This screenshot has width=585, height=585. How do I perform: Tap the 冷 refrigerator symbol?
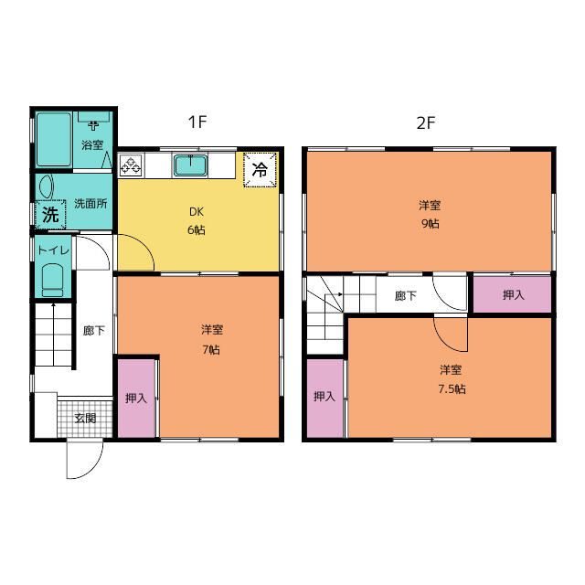point(260,169)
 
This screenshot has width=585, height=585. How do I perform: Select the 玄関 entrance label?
point(85,418)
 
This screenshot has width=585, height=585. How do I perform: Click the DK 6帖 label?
point(197,220)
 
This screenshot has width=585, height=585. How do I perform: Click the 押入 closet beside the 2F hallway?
point(513,295)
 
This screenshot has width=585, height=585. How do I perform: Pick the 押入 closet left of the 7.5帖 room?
point(324,397)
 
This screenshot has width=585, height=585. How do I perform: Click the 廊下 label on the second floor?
point(405,295)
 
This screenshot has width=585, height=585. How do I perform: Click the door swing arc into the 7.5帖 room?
point(451,335)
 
